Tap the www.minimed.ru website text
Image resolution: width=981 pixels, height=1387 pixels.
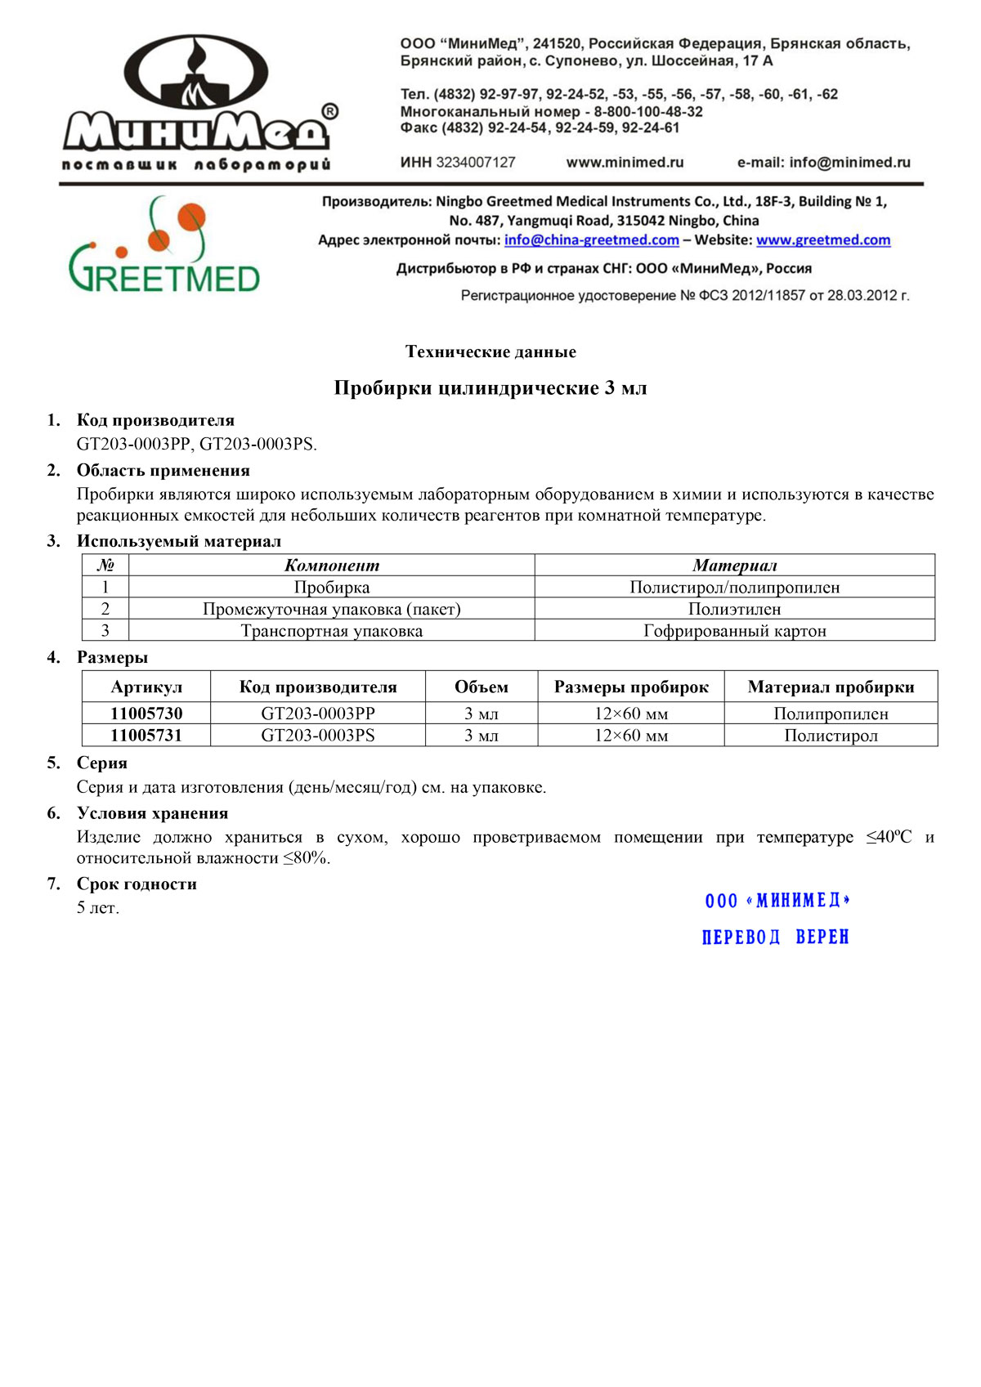tap(625, 163)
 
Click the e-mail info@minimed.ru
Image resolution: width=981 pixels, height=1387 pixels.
tap(823, 163)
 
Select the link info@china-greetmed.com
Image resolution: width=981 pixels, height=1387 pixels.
tap(591, 240)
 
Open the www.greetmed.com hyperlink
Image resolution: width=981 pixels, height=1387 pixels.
tap(822, 240)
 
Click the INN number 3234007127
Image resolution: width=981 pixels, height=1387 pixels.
tap(475, 163)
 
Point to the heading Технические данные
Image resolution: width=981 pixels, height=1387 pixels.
tap(490, 352)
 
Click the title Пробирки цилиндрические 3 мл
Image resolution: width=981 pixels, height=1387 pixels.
tap(490, 388)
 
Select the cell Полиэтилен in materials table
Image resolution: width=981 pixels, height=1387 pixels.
tap(734, 609)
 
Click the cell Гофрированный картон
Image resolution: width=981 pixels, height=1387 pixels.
tap(734, 631)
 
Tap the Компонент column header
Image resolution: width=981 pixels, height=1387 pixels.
tap(331, 566)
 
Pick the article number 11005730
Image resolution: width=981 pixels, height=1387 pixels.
tap(146, 714)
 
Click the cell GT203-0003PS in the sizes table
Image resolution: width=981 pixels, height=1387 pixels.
tap(317, 736)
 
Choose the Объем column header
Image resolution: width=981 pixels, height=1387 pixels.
tap(481, 687)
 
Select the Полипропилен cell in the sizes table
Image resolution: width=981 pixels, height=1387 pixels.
tap(831, 714)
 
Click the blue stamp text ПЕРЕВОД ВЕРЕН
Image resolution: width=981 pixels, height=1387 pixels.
tap(775, 937)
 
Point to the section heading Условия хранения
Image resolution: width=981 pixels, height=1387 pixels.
tap(152, 813)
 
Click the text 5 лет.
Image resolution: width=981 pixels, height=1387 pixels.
tap(98, 908)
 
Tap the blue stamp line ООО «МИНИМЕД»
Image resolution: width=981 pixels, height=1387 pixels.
tap(777, 901)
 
